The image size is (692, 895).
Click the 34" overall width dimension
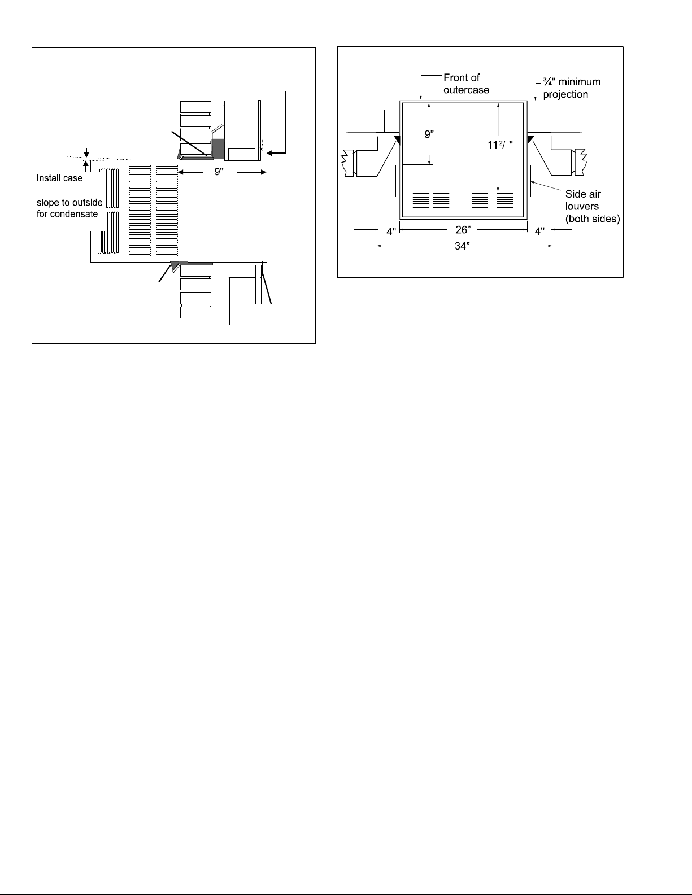462,246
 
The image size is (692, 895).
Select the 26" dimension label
463,230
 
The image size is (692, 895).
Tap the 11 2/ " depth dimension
500,145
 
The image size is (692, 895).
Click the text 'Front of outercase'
466,84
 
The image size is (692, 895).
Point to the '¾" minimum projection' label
572,88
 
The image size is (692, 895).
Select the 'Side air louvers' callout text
593,206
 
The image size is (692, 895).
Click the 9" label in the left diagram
219,172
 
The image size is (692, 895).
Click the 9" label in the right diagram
429,134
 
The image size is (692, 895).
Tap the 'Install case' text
59,178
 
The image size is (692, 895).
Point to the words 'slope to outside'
69,203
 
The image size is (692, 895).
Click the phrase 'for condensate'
67,214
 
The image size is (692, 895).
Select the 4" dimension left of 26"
391,232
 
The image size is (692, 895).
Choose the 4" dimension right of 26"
539,232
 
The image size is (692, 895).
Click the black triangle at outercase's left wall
397,139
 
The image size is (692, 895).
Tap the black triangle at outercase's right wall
530,139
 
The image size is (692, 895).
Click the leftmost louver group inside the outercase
421,200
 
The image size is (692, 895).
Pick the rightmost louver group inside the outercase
504,200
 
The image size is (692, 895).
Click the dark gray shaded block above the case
217,149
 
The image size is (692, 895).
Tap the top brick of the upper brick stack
195,107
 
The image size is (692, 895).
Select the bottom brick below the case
195,312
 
